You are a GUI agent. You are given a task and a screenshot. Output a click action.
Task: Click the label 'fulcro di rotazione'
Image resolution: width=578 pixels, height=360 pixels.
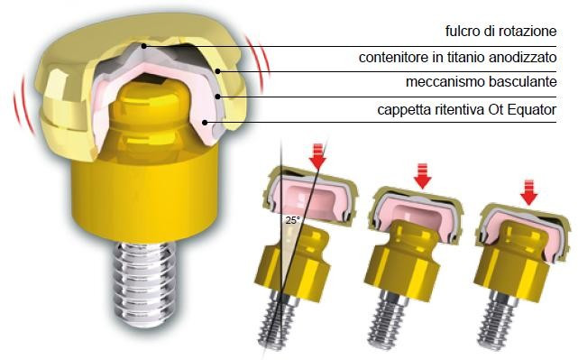[x=501, y=31]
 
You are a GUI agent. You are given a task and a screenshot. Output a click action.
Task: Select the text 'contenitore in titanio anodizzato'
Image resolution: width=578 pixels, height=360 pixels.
[x=457, y=58]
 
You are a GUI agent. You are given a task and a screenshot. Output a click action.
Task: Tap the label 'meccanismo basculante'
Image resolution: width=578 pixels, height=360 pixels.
[x=481, y=81]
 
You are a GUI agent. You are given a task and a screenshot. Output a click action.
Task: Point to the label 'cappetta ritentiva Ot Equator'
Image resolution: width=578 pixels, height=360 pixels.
[x=467, y=109]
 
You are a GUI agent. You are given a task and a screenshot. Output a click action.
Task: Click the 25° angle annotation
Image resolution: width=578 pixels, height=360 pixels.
[x=293, y=220]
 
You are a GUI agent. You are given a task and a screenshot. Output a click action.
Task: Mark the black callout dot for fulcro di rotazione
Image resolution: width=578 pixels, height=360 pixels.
[x=145, y=46]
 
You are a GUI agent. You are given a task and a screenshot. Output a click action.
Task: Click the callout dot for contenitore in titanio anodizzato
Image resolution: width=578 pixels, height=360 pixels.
[x=218, y=71]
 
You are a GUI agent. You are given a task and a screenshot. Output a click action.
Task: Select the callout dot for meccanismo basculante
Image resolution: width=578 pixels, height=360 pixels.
[x=218, y=97]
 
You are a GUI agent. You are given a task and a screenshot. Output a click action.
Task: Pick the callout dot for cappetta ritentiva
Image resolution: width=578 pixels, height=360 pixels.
[x=206, y=122]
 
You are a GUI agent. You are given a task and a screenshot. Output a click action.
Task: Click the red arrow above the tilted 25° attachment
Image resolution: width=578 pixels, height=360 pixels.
[x=317, y=156]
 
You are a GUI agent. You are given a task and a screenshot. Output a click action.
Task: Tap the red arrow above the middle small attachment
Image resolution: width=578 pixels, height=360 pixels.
[x=422, y=176]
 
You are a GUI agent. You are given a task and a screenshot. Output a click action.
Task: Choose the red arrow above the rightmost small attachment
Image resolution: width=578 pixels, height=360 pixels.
[x=529, y=192]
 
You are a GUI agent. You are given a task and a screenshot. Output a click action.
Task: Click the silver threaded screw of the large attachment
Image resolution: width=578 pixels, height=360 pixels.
[x=143, y=283]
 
